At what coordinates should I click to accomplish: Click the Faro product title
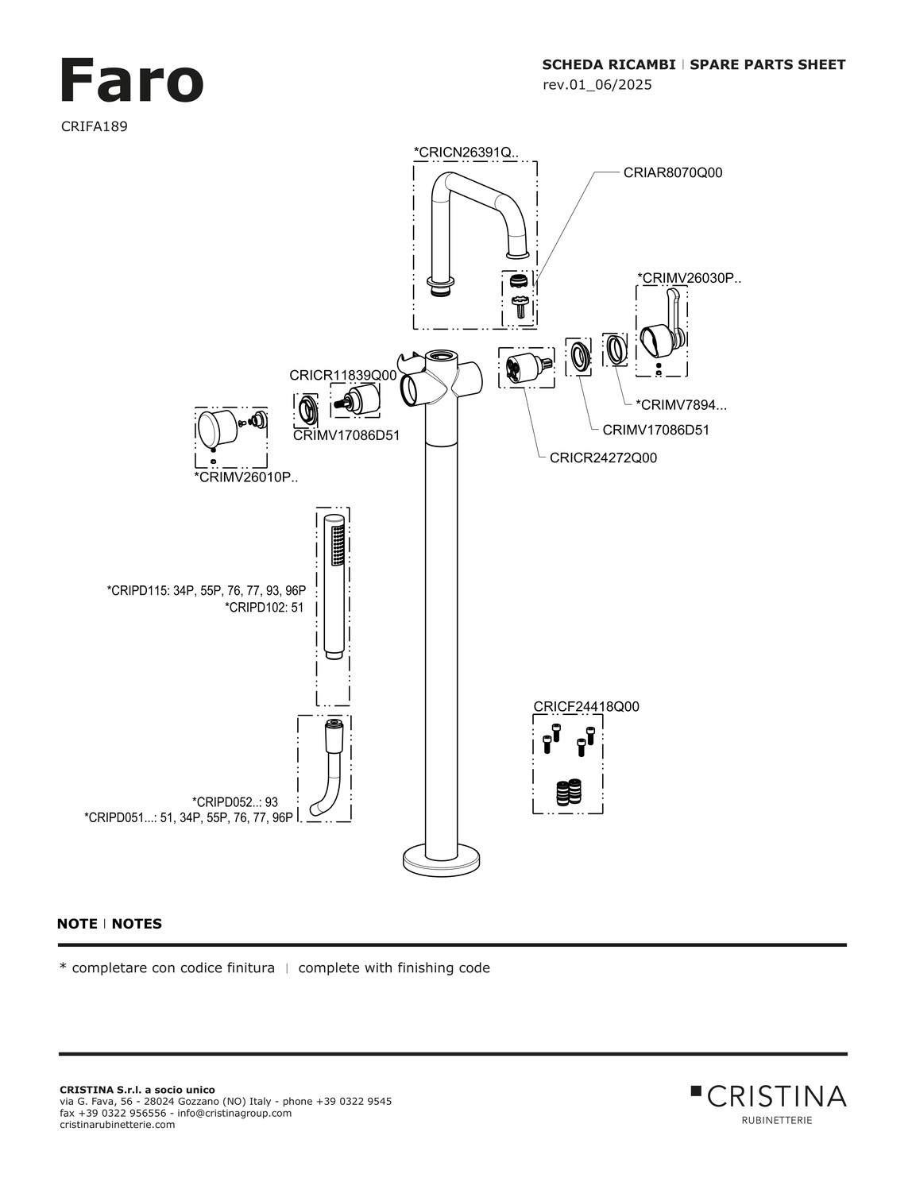pos(131,81)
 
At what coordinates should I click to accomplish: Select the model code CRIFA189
pos(94,126)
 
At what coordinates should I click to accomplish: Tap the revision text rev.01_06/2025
pos(597,85)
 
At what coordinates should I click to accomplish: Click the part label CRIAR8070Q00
pos(673,172)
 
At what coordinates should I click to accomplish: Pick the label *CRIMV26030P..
pos(689,278)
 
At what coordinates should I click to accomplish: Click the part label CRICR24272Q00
pos(603,458)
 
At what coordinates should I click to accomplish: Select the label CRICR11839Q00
pos(342,375)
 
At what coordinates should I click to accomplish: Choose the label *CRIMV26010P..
pos(245,477)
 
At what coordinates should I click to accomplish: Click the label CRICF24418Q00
pos(586,707)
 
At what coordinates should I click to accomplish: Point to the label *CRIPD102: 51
pos(265,608)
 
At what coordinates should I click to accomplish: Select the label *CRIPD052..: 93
pos(235,802)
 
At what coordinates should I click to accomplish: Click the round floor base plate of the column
pos(442,859)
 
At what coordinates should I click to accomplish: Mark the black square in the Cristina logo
pos(697,1091)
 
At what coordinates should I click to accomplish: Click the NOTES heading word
pos(137,924)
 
